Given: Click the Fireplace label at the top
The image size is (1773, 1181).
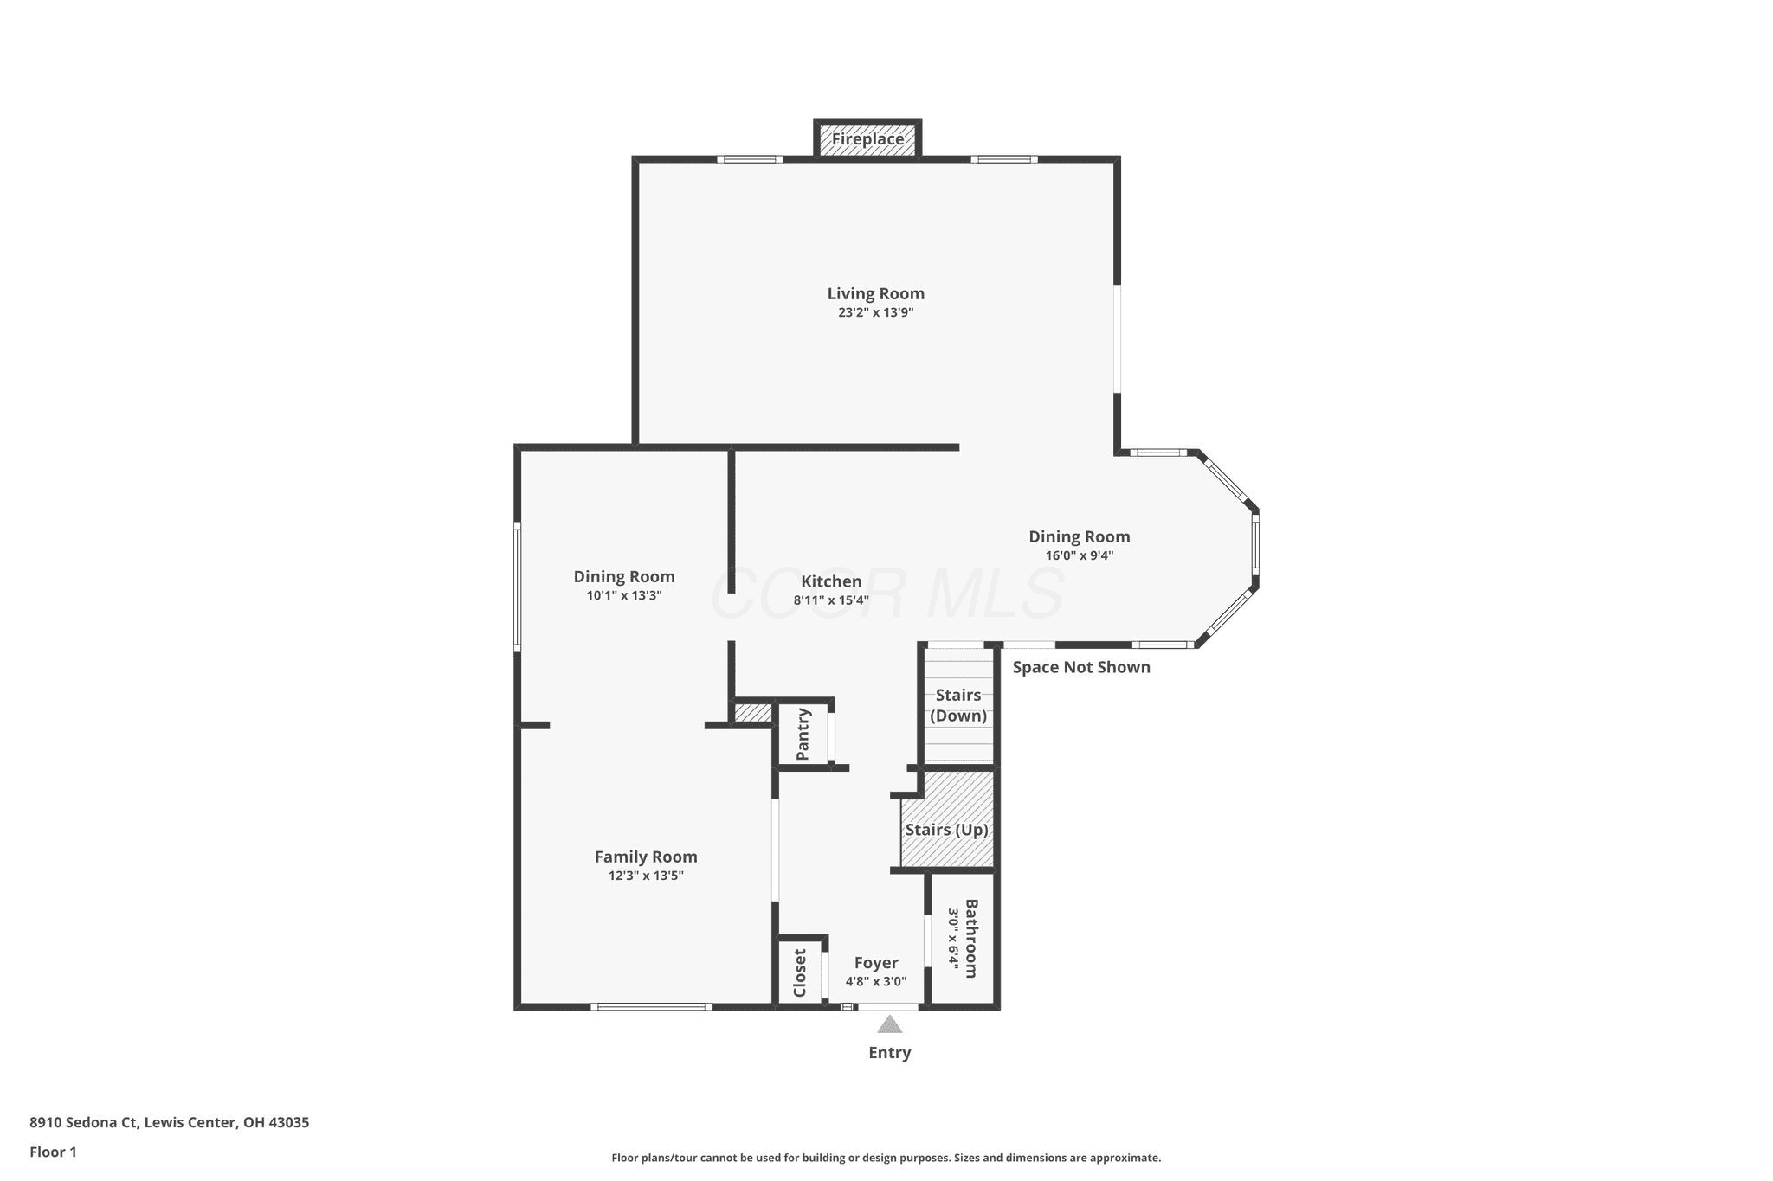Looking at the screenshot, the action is [x=867, y=138].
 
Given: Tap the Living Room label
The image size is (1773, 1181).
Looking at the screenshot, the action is [x=875, y=294].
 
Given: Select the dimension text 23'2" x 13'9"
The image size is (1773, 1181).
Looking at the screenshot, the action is [x=875, y=313].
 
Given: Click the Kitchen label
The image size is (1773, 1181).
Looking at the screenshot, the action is [x=831, y=581].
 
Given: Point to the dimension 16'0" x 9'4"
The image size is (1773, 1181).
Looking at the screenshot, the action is [x=1080, y=555].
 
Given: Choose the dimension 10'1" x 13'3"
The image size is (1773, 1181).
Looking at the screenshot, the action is [x=624, y=595].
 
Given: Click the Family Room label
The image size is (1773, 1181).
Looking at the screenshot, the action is [x=646, y=857].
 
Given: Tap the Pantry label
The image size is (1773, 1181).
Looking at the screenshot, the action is [x=803, y=735].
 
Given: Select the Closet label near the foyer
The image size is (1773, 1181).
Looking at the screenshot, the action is [x=800, y=973].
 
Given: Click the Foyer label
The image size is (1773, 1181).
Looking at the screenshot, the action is [x=876, y=963].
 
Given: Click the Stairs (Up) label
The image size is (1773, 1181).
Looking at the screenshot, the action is [x=947, y=830].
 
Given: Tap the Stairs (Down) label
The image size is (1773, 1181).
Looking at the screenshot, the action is [x=958, y=705].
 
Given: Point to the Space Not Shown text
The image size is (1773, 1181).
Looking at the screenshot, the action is [x=1081, y=667].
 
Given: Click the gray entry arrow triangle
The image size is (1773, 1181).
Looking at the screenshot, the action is [x=890, y=1024].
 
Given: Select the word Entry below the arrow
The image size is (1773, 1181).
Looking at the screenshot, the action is [x=890, y=1053].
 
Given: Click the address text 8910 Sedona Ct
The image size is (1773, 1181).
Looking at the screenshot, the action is [x=84, y=1122].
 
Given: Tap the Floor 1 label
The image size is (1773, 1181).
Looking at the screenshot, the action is [x=54, y=1152].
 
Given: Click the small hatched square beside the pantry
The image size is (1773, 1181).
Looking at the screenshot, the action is [x=752, y=713].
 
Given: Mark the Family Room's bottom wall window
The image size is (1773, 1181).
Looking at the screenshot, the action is [x=652, y=1006].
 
